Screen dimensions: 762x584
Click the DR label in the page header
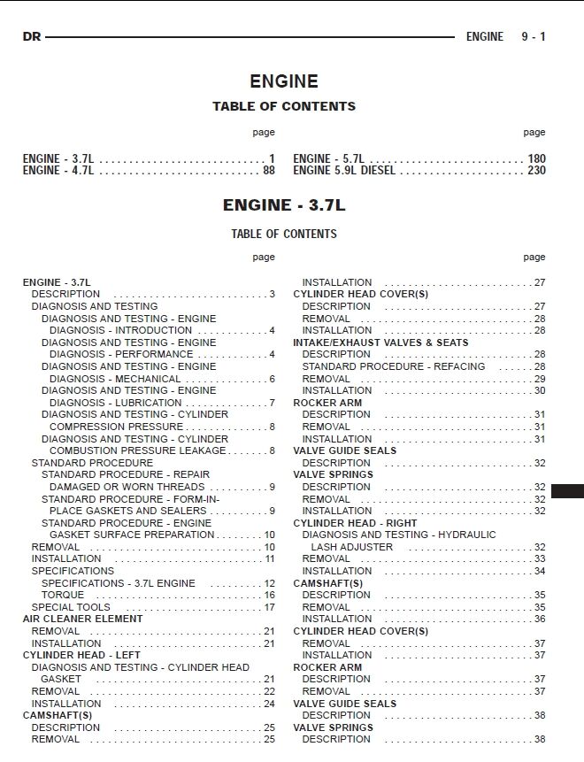32,37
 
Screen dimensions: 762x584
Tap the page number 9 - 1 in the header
533,37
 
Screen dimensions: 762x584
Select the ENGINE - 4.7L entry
58,171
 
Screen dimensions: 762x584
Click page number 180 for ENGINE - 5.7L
536,159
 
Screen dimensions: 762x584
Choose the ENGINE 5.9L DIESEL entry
344,171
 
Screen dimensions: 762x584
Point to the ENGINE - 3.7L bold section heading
283,205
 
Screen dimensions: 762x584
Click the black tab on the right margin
566,490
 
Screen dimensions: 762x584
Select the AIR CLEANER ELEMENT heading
82,620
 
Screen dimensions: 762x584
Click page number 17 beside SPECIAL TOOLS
269,607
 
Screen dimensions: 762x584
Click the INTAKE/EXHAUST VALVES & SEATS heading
380,343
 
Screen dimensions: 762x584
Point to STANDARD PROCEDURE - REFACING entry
393,366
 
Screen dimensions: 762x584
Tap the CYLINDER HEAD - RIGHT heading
355,523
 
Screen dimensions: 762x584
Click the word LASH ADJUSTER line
351,548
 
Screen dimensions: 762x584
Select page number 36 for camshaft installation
540,620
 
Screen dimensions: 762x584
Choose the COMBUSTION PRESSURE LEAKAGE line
138,450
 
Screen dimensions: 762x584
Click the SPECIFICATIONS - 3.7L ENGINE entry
118,583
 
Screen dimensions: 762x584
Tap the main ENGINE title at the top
283,81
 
